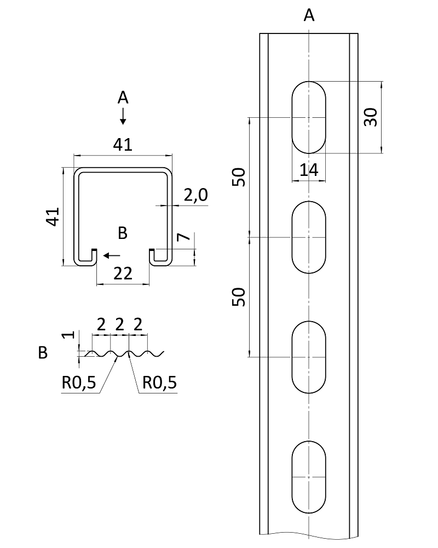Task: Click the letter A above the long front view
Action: [309, 16]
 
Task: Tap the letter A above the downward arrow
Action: [123, 98]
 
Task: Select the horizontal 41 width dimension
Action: [123, 145]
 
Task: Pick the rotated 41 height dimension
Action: [52, 216]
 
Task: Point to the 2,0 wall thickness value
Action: [195, 196]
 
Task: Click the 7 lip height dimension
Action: [183, 237]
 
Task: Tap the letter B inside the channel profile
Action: [123, 233]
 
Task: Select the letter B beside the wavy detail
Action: [43, 353]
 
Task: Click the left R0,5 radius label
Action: [79, 383]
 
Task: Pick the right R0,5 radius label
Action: [159, 383]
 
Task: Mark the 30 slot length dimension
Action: [371, 117]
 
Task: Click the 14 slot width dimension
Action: [309, 170]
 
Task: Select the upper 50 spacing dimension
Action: [239, 176]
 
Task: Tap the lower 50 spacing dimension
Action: [239, 296]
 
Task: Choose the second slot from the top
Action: [309, 237]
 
